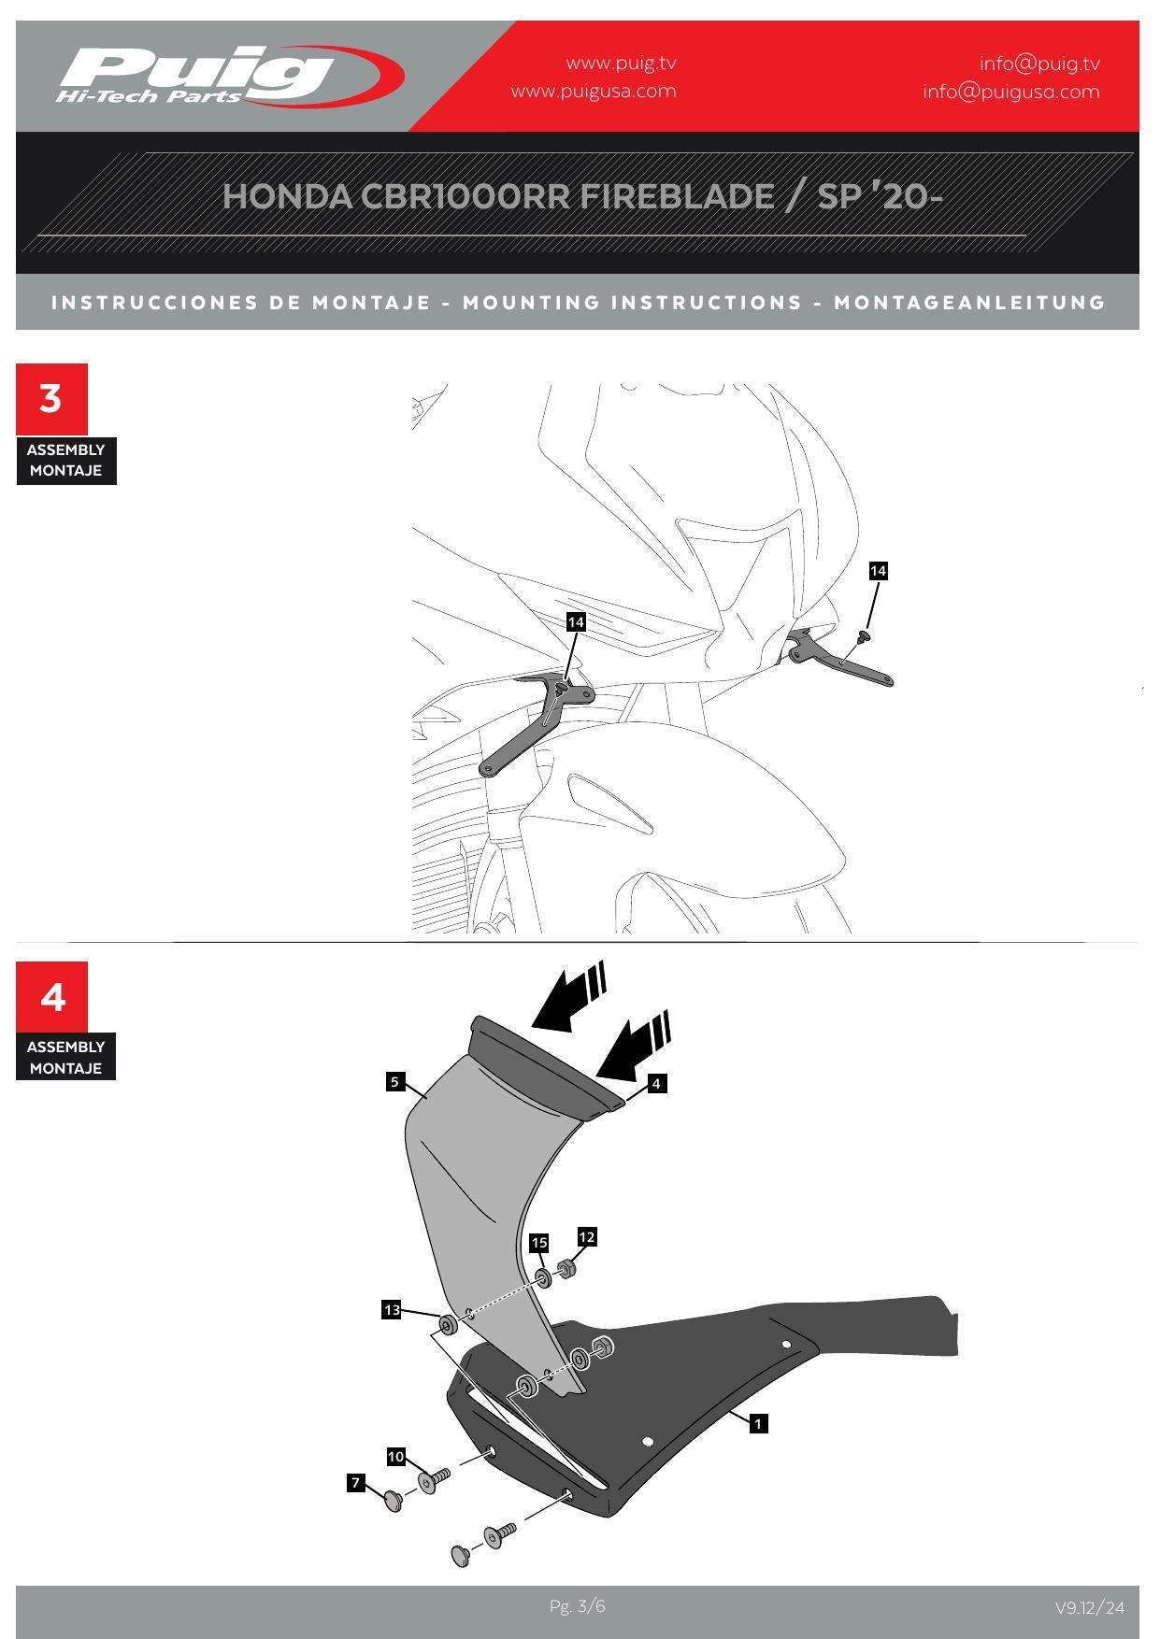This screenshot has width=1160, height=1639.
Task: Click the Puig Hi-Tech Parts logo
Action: pyautogui.click(x=229, y=76)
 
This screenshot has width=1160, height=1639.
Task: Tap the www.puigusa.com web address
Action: pyautogui.click(x=594, y=92)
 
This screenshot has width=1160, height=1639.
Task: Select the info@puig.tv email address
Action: pyautogui.click(x=1039, y=64)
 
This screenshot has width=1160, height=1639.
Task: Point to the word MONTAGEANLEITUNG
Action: pyautogui.click(x=969, y=303)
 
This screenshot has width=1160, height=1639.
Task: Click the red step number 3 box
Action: pyautogui.click(x=51, y=399)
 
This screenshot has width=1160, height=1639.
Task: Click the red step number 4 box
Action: pyautogui.click(x=51, y=997)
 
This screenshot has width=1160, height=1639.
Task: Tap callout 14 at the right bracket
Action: pyautogui.click(x=878, y=571)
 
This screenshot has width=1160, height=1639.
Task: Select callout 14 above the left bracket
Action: pyautogui.click(x=576, y=621)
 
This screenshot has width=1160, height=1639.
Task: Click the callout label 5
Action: pyautogui.click(x=394, y=1082)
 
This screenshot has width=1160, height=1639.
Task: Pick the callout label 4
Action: pyautogui.click(x=656, y=1083)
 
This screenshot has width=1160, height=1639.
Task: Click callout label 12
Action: pyautogui.click(x=586, y=1237)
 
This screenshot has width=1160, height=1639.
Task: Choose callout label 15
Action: pyautogui.click(x=538, y=1243)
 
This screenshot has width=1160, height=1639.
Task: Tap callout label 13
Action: pyautogui.click(x=391, y=1310)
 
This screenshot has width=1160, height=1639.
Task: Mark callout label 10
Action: pyautogui.click(x=395, y=1457)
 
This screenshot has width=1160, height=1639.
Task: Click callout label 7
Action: pyautogui.click(x=355, y=1482)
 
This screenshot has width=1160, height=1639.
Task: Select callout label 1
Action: pyautogui.click(x=758, y=1424)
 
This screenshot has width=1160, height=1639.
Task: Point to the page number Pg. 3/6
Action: pyautogui.click(x=578, y=1606)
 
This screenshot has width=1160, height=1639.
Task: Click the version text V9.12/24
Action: pyautogui.click(x=1090, y=1608)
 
